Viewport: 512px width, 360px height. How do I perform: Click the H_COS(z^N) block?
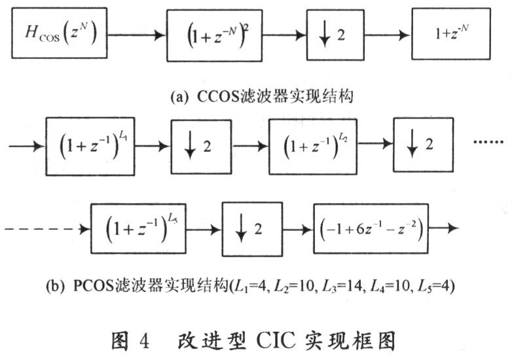(x=60, y=33)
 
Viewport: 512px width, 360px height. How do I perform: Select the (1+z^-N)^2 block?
(x=215, y=35)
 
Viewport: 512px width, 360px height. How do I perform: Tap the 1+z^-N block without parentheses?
(x=451, y=33)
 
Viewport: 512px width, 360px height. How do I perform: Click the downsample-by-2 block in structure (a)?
(x=335, y=35)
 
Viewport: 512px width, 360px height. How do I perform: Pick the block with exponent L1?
(x=90, y=146)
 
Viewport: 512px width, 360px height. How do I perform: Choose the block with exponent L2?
(x=312, y=147)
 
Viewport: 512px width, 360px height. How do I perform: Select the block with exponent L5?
(x=138, y=228)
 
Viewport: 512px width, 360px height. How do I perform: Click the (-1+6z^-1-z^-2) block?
(x=371, y=228)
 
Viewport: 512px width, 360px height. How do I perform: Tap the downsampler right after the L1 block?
(x=202, y=147)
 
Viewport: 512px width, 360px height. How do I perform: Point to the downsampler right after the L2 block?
(x=423, y=145)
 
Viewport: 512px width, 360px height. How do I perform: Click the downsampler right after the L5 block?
(x=252, y=228)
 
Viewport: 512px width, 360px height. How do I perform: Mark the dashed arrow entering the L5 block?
(x=47, y=229)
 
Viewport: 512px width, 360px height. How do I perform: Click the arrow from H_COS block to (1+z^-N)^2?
(x=137, y=35)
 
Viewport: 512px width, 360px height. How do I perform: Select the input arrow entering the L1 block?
(x=27, y=146)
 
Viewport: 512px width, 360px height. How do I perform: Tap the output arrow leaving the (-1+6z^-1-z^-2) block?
(x=444, y=228)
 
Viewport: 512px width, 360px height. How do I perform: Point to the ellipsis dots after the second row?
(x=488, y=142)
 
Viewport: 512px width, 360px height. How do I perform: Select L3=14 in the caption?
(x=342, y=286)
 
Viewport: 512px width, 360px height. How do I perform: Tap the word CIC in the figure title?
(x=276, y=341)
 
